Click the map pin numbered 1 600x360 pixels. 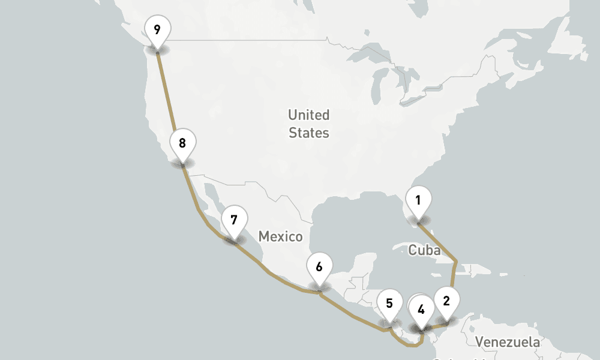click(x=418, y=200)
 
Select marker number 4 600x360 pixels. click(x=421, y=310)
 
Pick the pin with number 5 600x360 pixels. click(x=389, y=304)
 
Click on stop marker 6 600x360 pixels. click(x=319, y=267)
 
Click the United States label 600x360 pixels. click(x=309, y=124)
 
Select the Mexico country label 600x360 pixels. click(x=280, y=236)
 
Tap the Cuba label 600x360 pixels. click(x=424, y=250)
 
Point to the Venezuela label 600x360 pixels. click(x=507, y=343)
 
